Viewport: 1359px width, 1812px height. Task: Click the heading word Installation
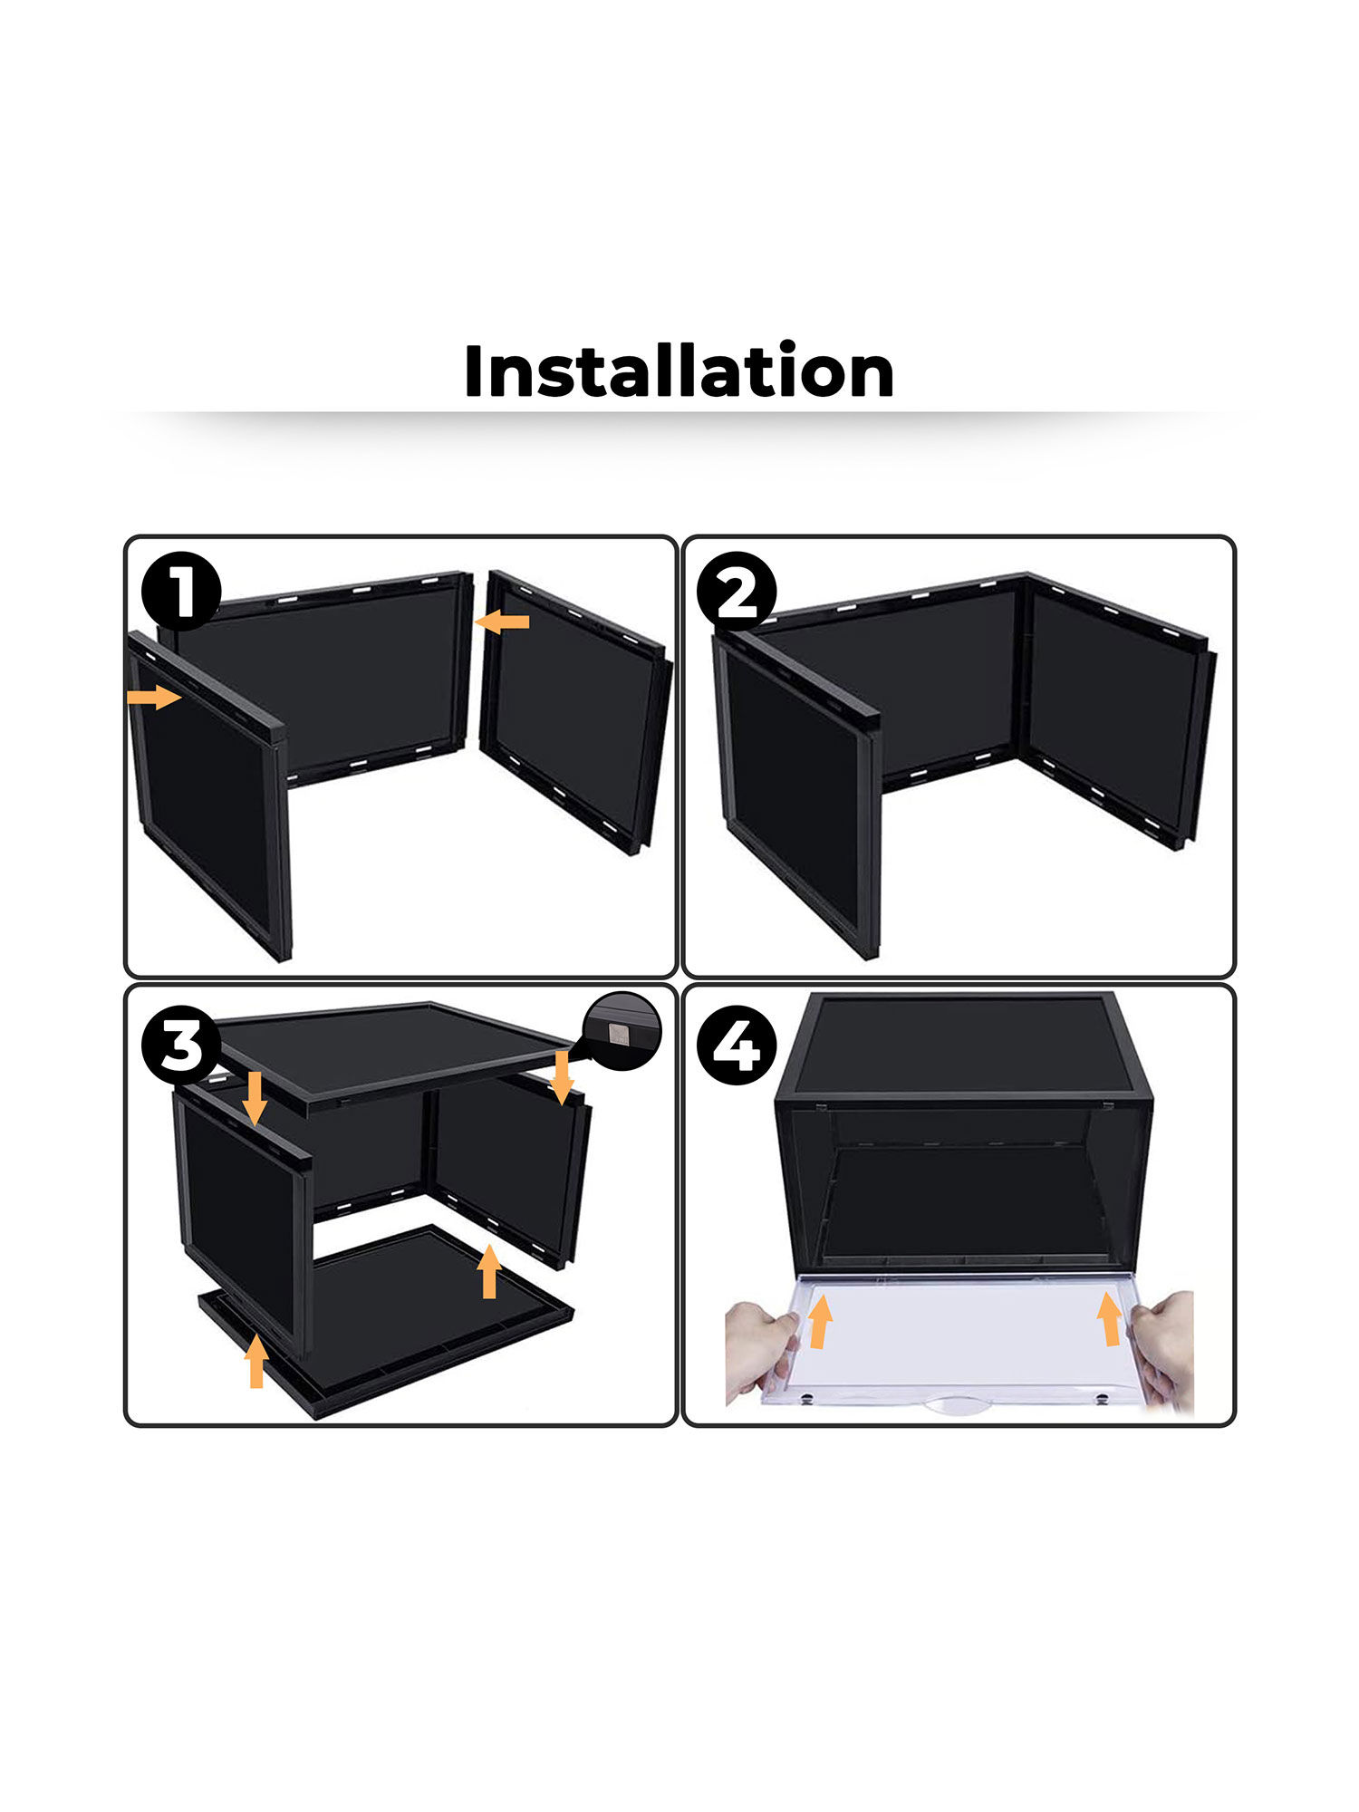[x=679, y=371]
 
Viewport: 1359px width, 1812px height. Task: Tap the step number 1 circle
[x=181, y=592]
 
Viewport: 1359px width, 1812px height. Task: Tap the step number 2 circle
[x=737, y=592]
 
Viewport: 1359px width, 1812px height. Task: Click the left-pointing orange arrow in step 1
[x=502, y=622]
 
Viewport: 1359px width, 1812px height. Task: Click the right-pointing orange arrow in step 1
[x=154, y=697]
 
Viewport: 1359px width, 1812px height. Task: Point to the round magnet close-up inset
[x=623, y=1032]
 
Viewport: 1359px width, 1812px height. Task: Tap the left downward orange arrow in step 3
[x=255, y=1097]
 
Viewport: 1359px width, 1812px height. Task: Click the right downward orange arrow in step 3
[x=562, y=1076]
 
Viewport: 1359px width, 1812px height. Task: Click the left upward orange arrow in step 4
[x=820, y=1321]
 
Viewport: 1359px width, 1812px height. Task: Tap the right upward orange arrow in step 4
[x=1109, y=1318]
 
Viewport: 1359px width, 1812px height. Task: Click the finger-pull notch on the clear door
[x=959, y=1407]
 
